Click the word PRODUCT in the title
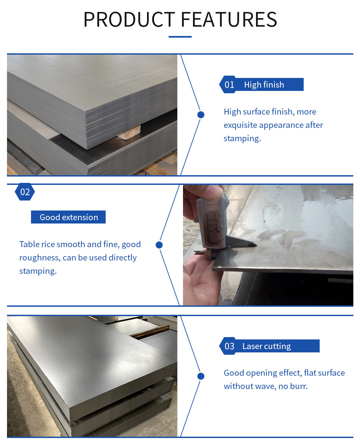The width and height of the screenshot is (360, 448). point(129,19)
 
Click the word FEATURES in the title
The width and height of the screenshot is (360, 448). point(229,19)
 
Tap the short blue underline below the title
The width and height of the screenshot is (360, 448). point(180,37)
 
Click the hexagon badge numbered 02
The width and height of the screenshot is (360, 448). point(25,192)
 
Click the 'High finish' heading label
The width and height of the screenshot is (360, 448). point(264,85)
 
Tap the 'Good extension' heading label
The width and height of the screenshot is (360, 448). point(69,217)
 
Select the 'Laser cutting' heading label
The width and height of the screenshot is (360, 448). point(267,346)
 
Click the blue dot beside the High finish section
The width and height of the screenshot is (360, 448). point(201,115)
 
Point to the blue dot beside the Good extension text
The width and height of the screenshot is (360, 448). point(159,245)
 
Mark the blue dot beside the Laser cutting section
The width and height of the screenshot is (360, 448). point(201,376)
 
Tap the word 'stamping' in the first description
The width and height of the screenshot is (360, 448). point(242,139)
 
